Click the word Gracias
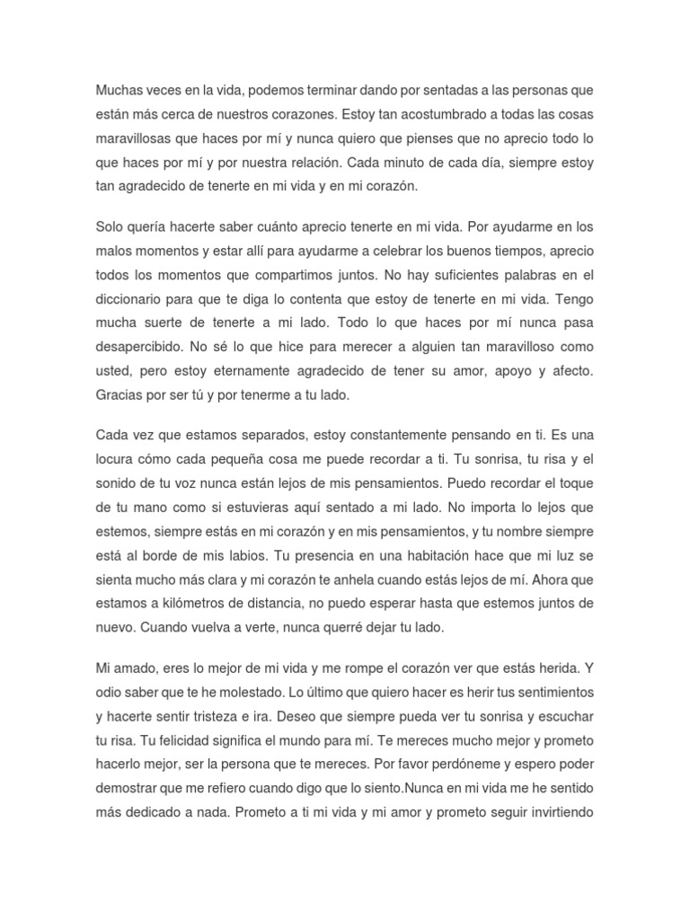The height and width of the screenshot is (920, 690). pos(120,394)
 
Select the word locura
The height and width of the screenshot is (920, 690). pos(118,459)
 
